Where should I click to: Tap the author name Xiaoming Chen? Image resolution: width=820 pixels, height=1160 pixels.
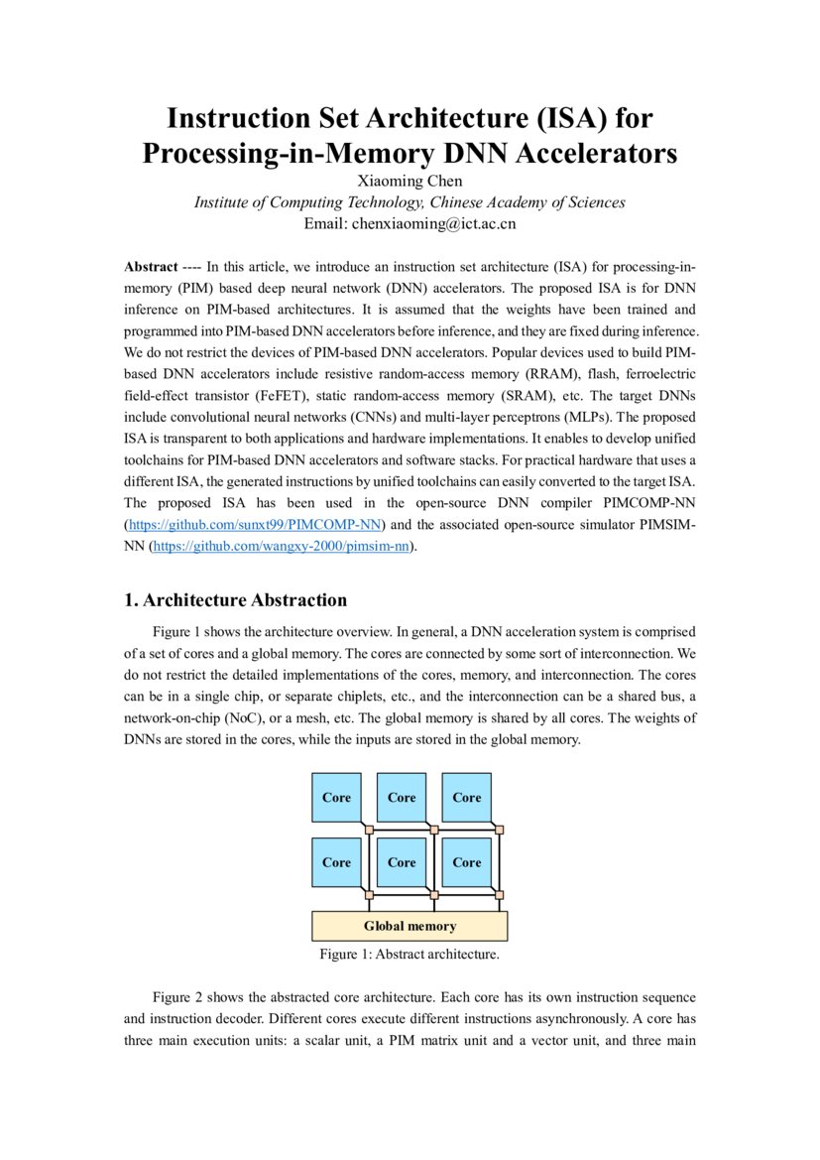[x=409, y=181]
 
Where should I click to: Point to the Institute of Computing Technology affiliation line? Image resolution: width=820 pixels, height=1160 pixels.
[x=410, y=202]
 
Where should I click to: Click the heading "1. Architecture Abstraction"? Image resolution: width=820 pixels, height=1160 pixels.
[x=235, y=600]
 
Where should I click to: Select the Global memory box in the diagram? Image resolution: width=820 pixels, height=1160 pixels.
[x=410, y=926]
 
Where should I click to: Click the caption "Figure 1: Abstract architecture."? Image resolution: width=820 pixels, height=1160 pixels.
[x=410, y=955]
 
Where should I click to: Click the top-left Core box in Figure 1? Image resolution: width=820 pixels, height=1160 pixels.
[x=337, y=798]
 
